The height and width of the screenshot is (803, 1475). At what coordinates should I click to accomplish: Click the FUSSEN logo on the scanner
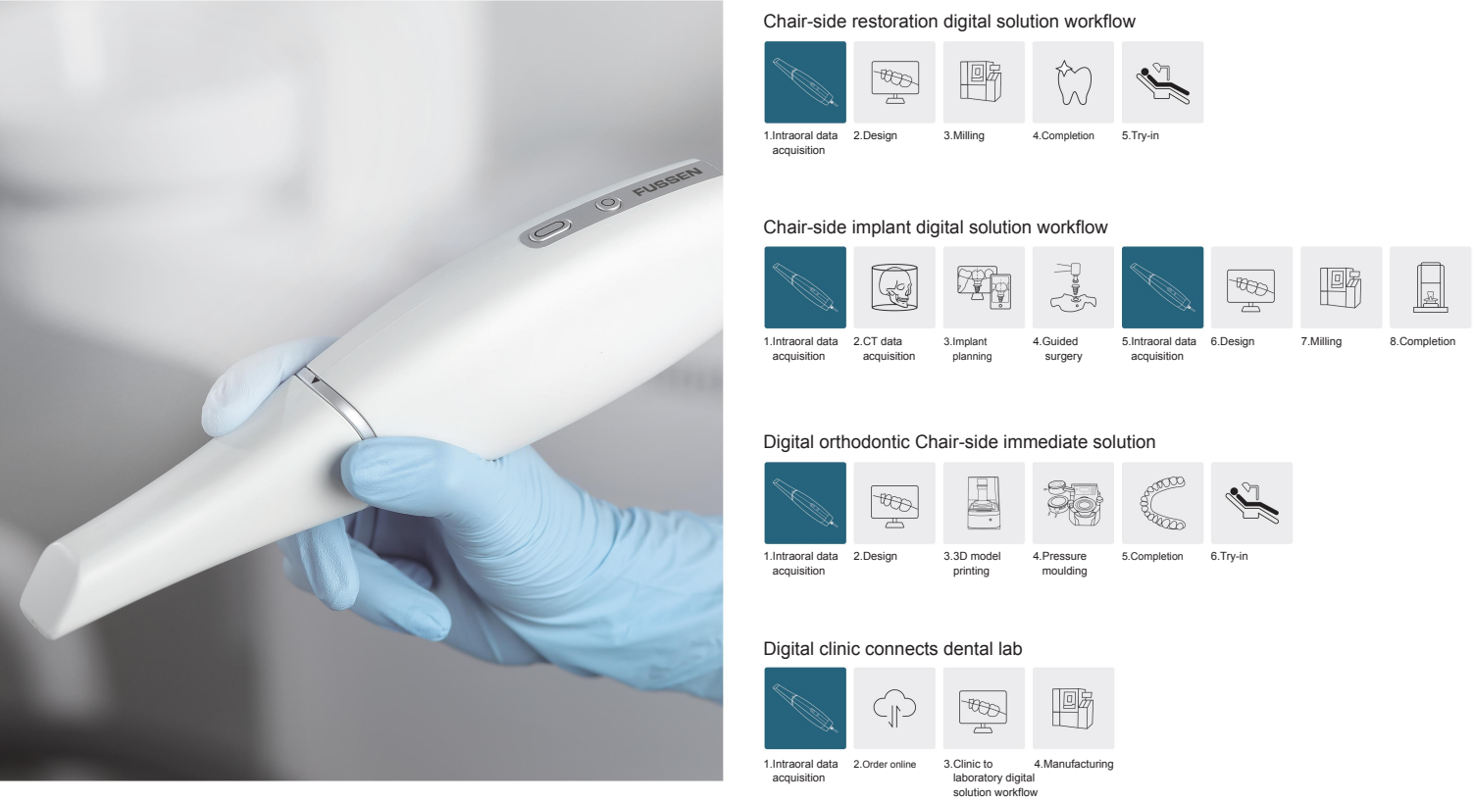pos(667,181)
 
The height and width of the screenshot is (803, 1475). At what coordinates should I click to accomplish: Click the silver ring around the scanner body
pos(334,402)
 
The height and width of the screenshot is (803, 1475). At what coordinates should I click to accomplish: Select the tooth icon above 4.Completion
pos(1073,82)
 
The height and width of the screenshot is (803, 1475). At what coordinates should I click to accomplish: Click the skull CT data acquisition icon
pos(894,287)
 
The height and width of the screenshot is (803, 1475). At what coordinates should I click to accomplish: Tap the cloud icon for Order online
pos(894,708)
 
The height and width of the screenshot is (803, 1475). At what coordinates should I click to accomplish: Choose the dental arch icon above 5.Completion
pos(1162,504)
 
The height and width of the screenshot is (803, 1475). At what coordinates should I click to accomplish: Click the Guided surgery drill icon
pos(1073,287)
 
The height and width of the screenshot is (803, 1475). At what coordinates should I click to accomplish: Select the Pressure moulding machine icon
pos(1073,504)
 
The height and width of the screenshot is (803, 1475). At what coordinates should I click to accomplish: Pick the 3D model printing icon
pos(984,504)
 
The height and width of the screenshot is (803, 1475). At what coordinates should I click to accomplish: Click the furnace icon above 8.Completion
pos(1430,287)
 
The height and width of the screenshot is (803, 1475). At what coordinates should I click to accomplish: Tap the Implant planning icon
pos(984,287)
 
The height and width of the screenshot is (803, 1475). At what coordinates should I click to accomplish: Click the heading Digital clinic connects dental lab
pos(892,649)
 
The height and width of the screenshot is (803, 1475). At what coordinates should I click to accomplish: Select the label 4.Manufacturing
pos(1073,764)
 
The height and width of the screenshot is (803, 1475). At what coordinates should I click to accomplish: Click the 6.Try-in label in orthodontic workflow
pos(1229,556)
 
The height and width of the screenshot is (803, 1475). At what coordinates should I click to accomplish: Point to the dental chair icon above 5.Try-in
pos(1162,82)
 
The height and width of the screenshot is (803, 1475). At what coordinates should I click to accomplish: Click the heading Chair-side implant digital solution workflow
pos(935,227)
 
